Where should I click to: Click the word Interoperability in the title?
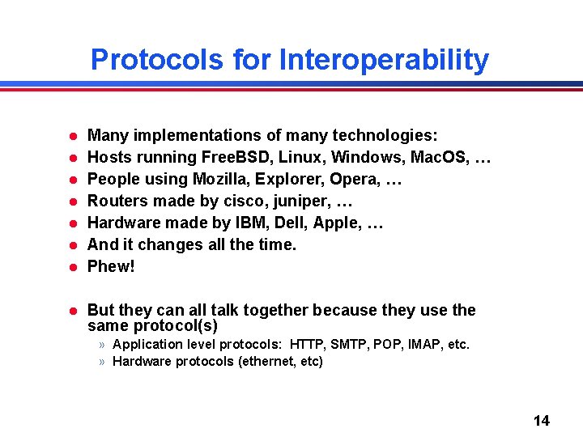(x=384, y=60)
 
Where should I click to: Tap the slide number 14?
(x=542, y=420)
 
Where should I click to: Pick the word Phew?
(x=111, y=266)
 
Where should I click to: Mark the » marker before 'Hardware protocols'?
(x=103, y=362)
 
